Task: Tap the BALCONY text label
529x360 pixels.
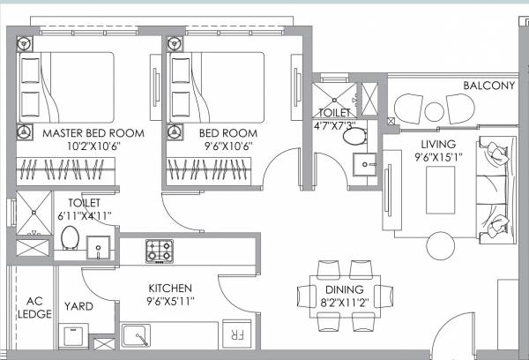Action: pos(490,86)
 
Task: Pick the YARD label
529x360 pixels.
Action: pos(77,308)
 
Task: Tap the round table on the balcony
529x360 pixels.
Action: pos(435,111)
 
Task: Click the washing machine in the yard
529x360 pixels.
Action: pos(73,336)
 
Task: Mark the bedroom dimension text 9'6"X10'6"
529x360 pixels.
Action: pos(216,147)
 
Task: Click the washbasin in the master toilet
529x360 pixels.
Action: pos(99,244)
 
